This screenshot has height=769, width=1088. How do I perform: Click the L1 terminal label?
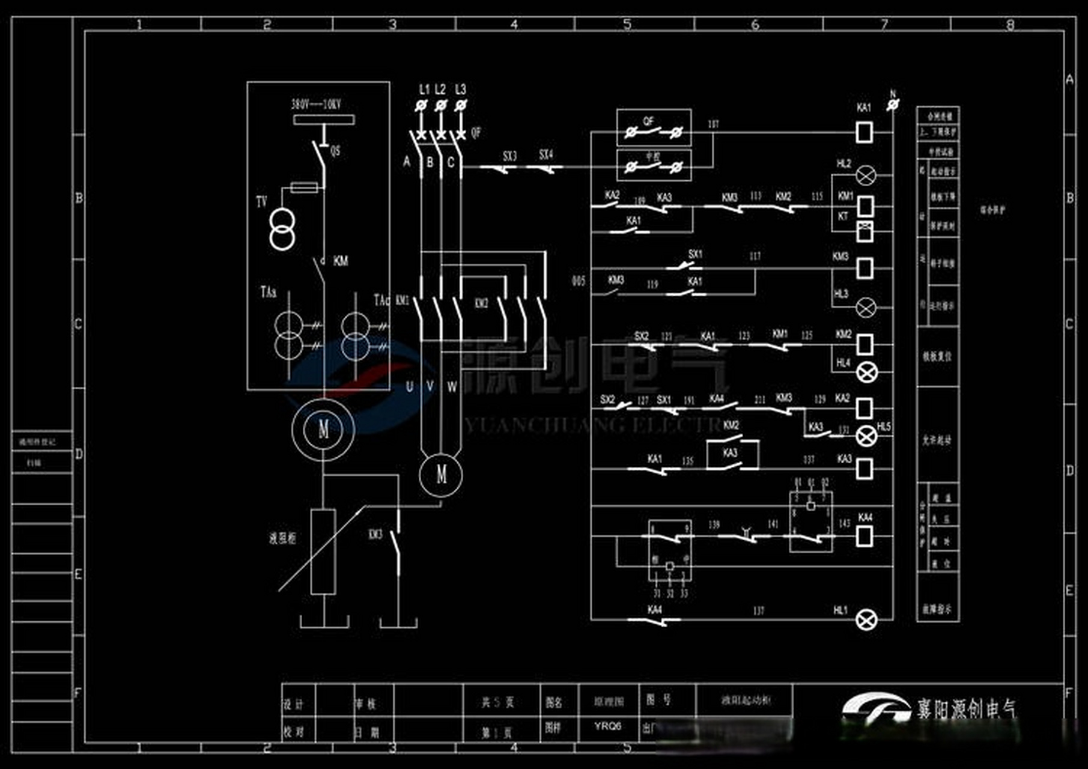click(x=424, y=90)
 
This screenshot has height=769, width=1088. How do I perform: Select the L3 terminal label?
click(x=460, y=90)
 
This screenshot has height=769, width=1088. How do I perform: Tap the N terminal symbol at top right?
click(x=893, y=105)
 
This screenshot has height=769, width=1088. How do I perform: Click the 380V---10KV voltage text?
click(x=316, y=105)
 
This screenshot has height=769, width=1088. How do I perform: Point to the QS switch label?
click(x=335, y=150)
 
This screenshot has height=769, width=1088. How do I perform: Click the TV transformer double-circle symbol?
click(x=282, y=228)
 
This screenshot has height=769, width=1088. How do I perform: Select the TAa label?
click(x=269, y=293)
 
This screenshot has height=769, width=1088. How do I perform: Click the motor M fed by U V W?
click(x=441, y=475)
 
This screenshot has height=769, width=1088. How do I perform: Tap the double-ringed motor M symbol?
click(x=323, y=429)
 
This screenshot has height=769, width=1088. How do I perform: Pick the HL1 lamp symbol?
click(x=866, y=619)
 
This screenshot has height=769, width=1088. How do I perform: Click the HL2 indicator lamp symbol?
click(x=866, y=175)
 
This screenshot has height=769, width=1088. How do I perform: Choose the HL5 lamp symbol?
click(x=866, y=436)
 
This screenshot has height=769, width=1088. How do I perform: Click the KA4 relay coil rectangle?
click(x=864, y=536)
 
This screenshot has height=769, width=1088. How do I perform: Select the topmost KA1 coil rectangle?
click(x=864, y=132)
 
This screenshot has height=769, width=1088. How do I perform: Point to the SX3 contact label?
click(x=509, y=156)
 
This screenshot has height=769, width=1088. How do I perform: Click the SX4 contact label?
click(x=546, y=155)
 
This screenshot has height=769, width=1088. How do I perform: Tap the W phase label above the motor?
click(x=452, y=387)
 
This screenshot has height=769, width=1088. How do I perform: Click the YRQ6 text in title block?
click(x=607, y=726)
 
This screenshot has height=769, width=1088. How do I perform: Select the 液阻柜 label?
click(x=282, y=538)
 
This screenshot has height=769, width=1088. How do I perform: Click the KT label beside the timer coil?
click(x=843, y=216)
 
